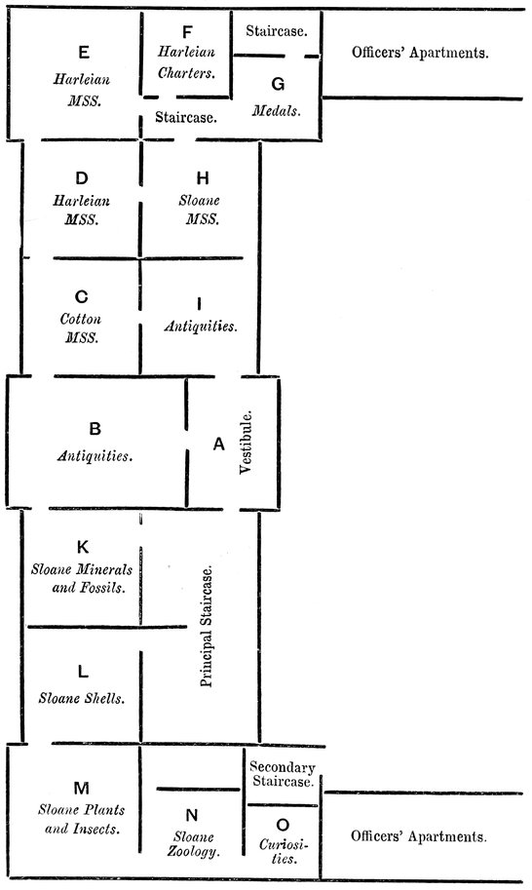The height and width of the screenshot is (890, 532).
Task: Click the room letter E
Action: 84,53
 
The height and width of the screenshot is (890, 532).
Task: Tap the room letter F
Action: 187,32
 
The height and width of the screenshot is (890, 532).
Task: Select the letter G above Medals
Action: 278,84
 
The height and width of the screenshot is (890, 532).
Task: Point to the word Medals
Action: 276,110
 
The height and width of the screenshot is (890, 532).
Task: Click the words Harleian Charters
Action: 186,62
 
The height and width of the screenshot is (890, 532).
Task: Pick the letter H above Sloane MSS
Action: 203,178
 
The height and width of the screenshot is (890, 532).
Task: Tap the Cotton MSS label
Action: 81,329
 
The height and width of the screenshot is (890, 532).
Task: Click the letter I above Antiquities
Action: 199,304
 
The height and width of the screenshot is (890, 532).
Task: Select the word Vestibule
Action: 245,443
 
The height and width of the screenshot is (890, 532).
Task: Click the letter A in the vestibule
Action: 218,445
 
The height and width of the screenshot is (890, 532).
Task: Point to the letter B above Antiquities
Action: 95,429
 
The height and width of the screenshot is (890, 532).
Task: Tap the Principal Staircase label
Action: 207,626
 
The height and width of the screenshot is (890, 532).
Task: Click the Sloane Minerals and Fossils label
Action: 82,578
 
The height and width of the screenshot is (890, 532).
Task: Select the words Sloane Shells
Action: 82,698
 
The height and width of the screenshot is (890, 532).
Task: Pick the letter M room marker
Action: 82,788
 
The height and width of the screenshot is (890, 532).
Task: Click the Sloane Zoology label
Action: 193,844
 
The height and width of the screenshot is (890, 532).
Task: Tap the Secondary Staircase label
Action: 282,774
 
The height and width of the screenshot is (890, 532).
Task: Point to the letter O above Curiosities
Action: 283,825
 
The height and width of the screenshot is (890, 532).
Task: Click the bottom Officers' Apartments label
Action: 419,836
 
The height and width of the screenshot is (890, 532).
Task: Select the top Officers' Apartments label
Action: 420,53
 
